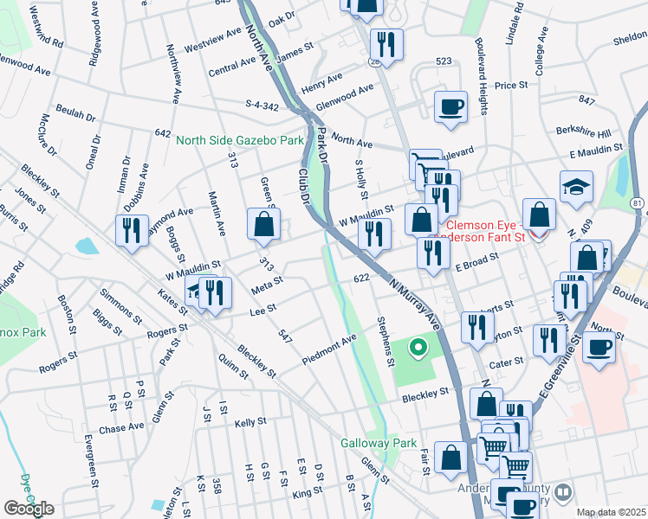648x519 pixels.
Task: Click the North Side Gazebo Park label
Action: click(x=240, y=139)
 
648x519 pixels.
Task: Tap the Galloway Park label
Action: click(x=379, y=442)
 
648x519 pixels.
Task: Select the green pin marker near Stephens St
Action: click(x=418, y=349)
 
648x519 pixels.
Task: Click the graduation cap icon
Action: click(x=576, y=188)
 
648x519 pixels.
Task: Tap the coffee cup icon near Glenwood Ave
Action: click(x=450, y=107)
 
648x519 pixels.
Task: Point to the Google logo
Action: click(x=28, y=508)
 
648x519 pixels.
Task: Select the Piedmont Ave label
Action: click(x=329, y=349)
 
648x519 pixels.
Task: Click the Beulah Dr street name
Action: click(x=75, y=114)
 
